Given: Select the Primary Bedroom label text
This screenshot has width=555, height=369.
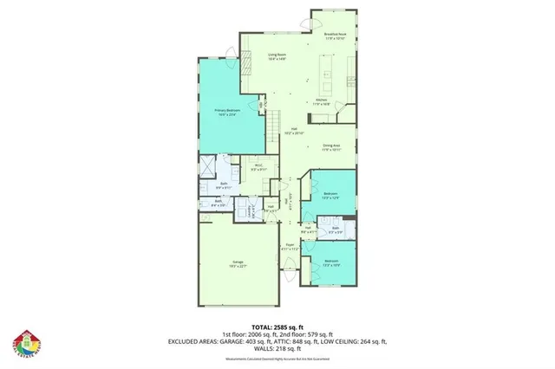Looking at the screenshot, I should (x=226, y=112).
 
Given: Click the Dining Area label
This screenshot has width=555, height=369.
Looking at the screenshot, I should (x=330, y=147).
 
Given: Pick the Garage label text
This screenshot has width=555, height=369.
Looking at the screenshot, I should (x=237, y=262).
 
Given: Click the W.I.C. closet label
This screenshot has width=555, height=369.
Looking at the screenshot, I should (x=258, y=167).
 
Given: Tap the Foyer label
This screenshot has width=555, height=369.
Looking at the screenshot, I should (x=291, y=247).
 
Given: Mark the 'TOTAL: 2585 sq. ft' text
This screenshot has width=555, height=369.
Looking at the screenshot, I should (x=277, y=326).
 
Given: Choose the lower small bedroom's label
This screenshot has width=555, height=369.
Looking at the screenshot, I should (x=330, y=262).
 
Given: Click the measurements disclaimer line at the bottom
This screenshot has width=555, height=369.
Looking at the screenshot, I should (x=277, y=358).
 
